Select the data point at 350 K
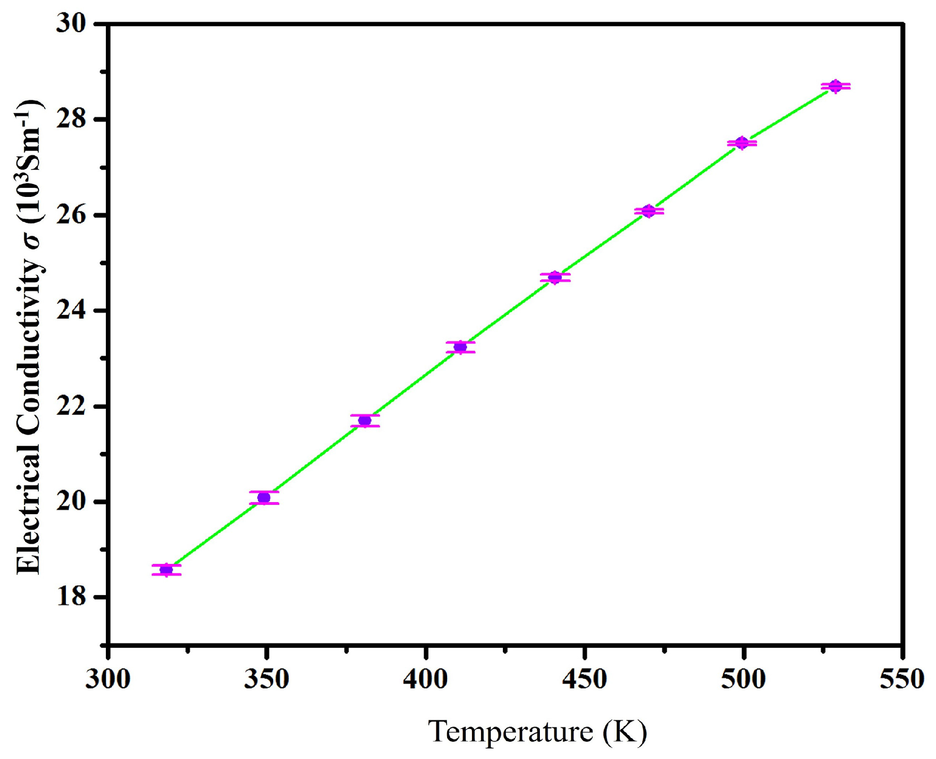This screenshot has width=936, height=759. pyautogui.click(x=264, y=498)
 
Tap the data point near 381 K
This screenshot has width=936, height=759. pyautogui.click(x=365, y=420)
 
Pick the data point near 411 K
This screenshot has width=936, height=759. pyautogui.click(x=460, y=347)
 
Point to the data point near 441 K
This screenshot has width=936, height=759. pyautogui.click(x=555, y=277)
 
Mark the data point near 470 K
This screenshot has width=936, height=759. pyautogui.click(x=648, y=211)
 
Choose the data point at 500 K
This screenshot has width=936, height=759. pyautogui.click(x=742, y=143)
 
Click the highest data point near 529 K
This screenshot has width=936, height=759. pyautogui.click(x=835, y=86)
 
